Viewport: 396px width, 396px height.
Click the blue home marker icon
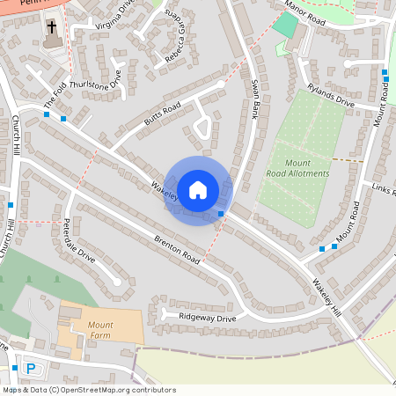pyautogui.click(x=198, y=190)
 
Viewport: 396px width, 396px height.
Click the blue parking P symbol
pyautogui.click(x=32, y=369)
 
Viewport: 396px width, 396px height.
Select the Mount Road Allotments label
pyautogui.click(x=297, y=168)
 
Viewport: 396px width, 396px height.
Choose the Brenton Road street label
pyautogui.click(x=179, y=247)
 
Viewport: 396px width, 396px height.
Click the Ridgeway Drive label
pyautogui.click(x=208, y=318)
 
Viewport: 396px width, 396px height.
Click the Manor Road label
pyautogui.click(x=306, y=11)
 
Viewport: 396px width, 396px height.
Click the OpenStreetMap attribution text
pyautogui.click(x=88, y=389)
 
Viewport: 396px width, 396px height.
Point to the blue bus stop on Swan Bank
pyautogui.click(x=219, y=214)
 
